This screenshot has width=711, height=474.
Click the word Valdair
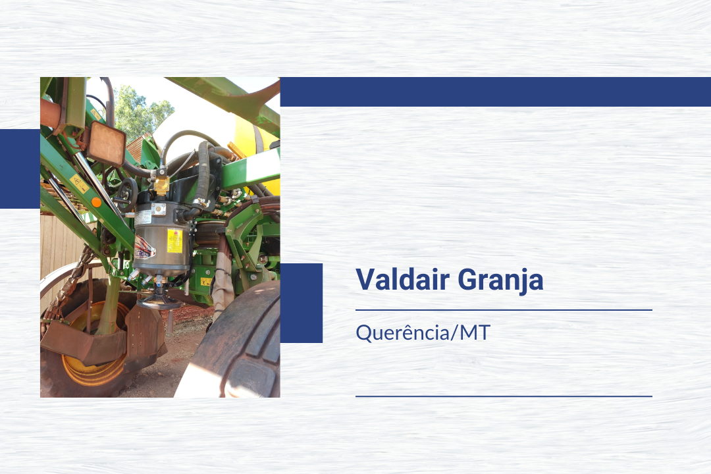402,279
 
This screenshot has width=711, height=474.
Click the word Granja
500,280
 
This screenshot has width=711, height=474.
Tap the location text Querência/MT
423,332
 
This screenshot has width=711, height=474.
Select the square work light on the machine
105,144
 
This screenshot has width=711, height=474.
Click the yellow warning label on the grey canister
174,241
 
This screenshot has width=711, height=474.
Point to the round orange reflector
96,202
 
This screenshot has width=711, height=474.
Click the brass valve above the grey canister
161,184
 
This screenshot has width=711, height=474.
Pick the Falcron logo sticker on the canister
144,248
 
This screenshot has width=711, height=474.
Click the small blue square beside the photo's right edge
301,303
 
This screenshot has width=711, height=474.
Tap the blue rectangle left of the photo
20,169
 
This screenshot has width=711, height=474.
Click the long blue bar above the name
496,92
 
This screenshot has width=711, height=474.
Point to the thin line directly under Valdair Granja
504,310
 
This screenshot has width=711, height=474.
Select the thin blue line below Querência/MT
504,396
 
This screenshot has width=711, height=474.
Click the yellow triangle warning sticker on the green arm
80,184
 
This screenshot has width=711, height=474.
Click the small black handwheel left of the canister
127,195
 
